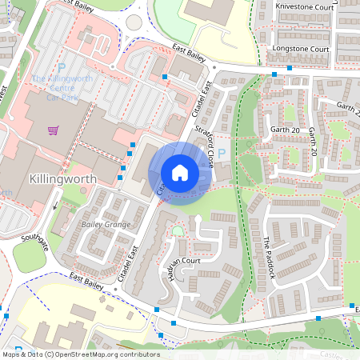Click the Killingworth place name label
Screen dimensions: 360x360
(62, 178)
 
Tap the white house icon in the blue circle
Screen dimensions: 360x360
(180, 172)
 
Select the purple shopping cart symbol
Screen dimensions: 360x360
(53, 130)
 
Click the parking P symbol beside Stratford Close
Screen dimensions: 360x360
(222, 153)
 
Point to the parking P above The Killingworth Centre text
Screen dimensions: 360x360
(61, 69)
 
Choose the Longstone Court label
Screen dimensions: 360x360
(301, 49)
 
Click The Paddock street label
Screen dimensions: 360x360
(269, 257)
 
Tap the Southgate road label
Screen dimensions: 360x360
(35, 242)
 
